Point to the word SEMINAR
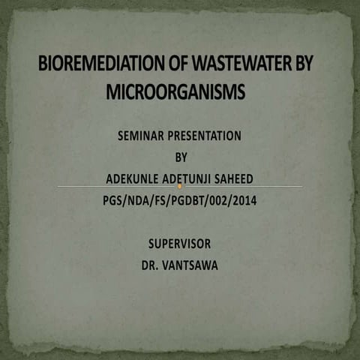[x=142, y=136]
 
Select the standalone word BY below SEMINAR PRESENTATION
[x=180, y=157]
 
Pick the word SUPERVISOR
[x=180, y=244]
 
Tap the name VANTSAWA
[x=190, y=265]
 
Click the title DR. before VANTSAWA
[x=151, y=265]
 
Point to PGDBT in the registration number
[x=183, y=200]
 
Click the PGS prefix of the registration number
[x=113, y=200]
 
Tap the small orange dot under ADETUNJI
[x=180, y=185]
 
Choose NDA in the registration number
[x=139, y=200]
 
